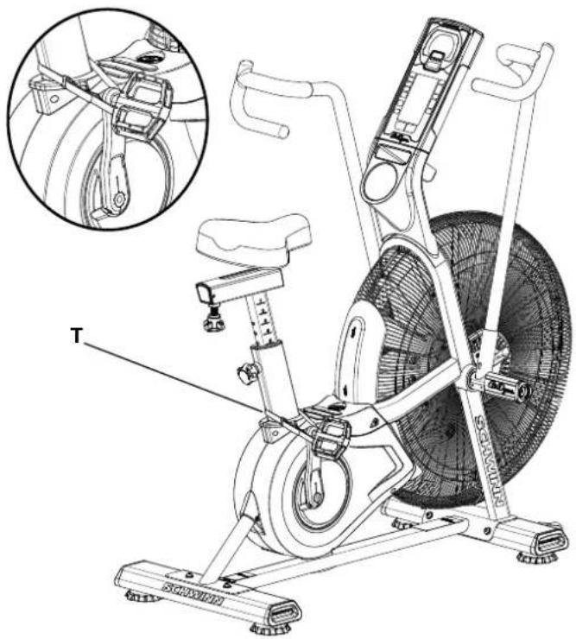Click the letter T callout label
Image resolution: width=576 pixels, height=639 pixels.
click(x=76, y=336)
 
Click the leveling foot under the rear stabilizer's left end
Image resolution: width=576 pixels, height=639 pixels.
click(x=137, y=596)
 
